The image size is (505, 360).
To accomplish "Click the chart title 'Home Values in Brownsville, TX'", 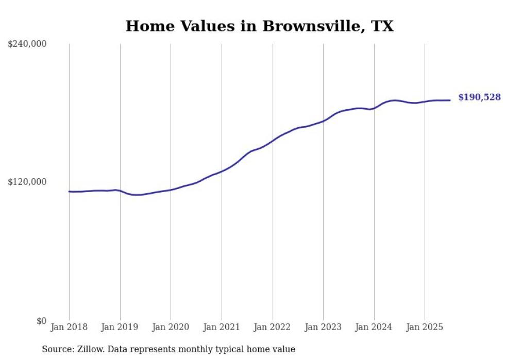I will point(259,26).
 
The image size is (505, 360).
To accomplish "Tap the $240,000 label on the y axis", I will point(27,44).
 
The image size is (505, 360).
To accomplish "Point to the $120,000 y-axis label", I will point(27,182).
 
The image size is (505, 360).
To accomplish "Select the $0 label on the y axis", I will point(41,321).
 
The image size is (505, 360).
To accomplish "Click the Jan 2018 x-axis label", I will point(69,327).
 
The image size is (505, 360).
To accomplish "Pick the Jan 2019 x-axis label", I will point(120,327).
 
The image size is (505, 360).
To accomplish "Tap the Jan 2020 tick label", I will point(171,327).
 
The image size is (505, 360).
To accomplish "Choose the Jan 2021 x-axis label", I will point(222,327).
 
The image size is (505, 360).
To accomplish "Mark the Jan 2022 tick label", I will point(272,327).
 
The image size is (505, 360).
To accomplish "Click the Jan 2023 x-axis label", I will point(323,327).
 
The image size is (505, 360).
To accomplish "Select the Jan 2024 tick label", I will point(374,327).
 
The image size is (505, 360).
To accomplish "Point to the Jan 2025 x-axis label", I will point(425,327).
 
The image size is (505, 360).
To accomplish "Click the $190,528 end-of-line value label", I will point(479,97).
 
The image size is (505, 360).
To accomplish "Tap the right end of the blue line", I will point(450,100).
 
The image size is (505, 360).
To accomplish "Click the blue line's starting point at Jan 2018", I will point(70,192).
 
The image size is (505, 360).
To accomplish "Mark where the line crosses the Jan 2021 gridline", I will point(222,171).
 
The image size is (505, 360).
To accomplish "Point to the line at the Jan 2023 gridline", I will point(323,121).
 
